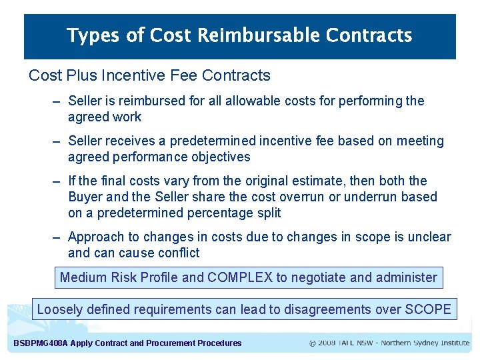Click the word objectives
point(219,157)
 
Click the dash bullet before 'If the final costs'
point(57,181)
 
